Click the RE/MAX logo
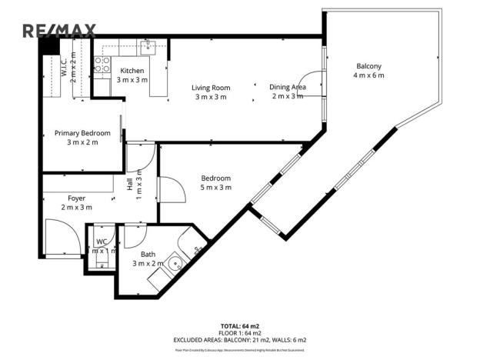(x=59, y=31)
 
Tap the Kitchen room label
(x=132, y=71)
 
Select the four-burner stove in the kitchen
(x=101, y=65)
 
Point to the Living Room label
(x=210, y=87)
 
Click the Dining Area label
(x=288, y=87)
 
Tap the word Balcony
(x=368, y=66)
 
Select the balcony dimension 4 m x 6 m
(x=368, y=75)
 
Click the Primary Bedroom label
(x=82, y=133)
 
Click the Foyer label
(x=76, y=198)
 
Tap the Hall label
(x=130, y=185)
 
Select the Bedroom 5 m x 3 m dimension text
(x=215, y=188)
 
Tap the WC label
(x=101, y=242)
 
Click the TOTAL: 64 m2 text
(x=239, y=326)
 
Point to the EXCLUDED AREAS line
(x=239, y=339)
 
